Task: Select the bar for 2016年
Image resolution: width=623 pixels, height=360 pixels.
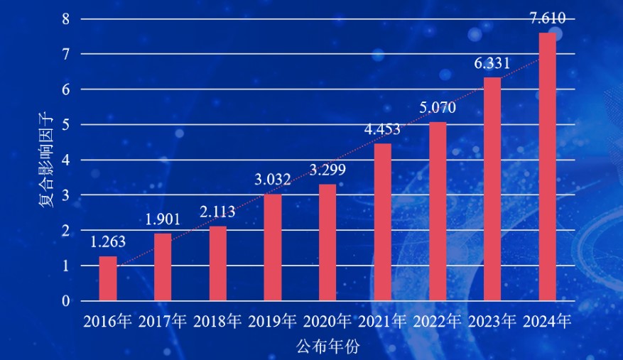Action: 108,278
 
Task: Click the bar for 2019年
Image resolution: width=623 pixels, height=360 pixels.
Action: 273,247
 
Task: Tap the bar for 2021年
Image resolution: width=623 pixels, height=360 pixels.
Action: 382,222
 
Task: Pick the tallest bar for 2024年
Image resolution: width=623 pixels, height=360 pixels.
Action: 548,167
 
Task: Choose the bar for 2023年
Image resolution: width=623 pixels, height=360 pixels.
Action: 492,189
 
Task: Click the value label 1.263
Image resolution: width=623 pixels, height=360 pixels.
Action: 108,241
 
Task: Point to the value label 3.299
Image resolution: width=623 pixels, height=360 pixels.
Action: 327,170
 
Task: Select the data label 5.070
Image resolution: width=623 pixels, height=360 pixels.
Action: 438,108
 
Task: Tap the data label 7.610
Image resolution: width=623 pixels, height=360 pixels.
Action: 548,18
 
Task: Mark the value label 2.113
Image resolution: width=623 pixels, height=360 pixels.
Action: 218,212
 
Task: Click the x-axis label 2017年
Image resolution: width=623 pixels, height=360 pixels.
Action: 163,322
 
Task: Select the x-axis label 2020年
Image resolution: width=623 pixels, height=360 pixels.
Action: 327,322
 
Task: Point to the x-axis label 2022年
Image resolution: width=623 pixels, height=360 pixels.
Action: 438,322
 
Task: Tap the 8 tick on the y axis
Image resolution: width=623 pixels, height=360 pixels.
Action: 65,19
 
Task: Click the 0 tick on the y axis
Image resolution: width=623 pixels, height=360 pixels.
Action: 65,301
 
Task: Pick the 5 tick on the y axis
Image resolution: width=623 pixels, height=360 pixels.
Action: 65,125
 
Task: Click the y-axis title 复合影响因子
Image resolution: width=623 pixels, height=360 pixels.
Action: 45,160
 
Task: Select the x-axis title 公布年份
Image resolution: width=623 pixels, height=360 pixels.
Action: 327,347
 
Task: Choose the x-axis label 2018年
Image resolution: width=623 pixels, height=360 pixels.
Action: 218,322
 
